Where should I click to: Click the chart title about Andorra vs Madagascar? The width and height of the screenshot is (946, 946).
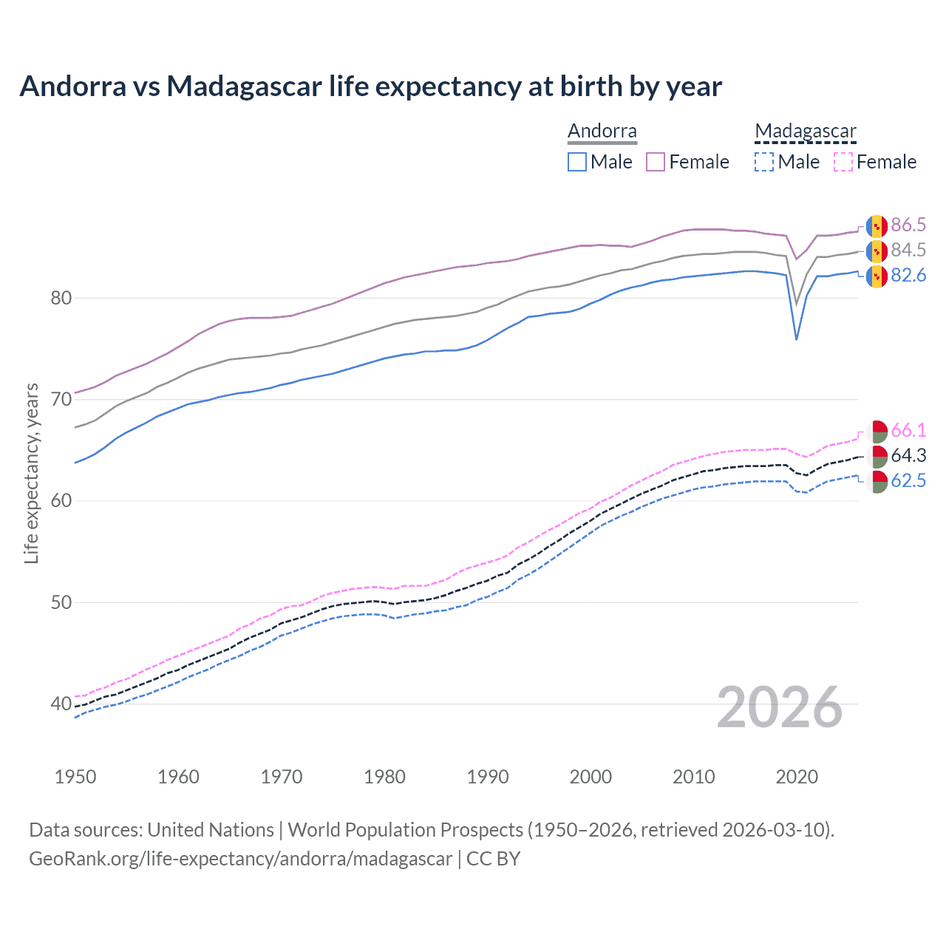pos(370,86)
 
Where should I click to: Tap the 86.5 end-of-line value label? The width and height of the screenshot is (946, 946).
pos(908,225)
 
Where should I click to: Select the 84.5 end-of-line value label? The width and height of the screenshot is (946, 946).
pos(908,250)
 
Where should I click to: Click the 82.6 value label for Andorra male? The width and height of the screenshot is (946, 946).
pos(908,275)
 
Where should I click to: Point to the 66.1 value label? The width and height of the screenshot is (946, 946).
pos(908,430)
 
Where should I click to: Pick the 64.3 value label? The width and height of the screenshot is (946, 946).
pos(908,455)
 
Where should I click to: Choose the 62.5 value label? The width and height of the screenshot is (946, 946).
pos(908,480)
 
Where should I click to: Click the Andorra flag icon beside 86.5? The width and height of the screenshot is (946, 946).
pos(877,225)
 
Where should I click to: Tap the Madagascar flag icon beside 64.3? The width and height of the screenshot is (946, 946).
pos(877,455)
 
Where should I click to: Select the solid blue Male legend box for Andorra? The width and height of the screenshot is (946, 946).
pos(577,162)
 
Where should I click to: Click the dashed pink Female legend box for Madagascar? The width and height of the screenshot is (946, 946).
pos(843,162)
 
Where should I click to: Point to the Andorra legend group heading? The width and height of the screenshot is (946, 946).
pos(602,132)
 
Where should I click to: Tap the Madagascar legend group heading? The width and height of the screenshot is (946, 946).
pos(806,132)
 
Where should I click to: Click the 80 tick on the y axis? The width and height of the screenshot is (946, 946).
pos(61,299)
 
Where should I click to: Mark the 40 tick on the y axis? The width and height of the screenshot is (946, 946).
pos(61,704)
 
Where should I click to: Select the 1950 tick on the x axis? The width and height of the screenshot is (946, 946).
pos(75,777)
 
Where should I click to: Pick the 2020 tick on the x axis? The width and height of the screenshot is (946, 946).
pos(797,777)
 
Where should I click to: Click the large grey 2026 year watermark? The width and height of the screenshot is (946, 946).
pos(780,707)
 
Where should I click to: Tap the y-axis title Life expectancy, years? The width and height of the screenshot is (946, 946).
pos(32,473)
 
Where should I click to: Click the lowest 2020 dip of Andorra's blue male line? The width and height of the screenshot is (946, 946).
pos(796,339)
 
